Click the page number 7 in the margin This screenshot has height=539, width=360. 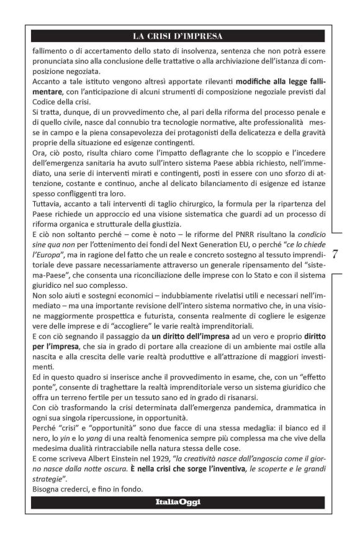[335, 254]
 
